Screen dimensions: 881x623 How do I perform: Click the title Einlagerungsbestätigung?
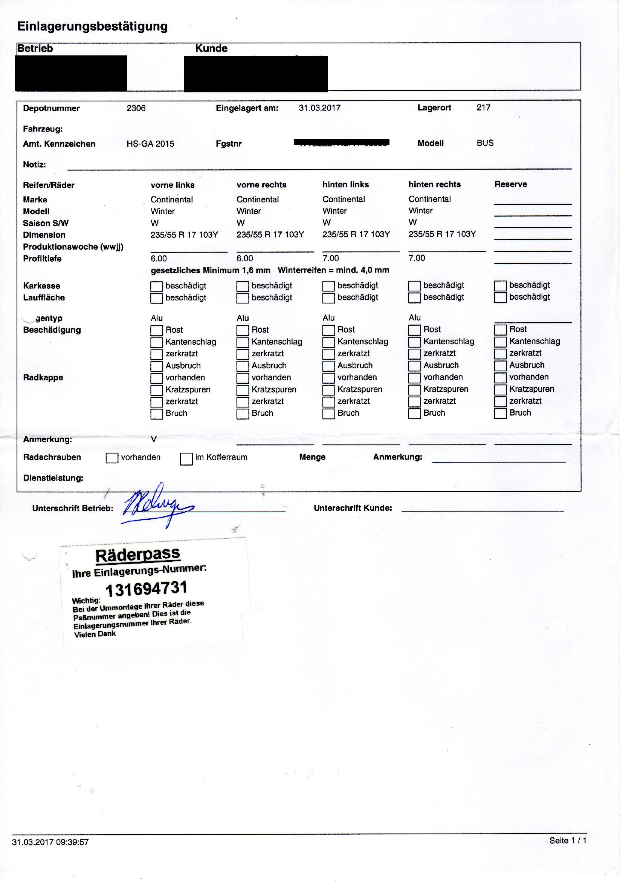[x=92, y=26]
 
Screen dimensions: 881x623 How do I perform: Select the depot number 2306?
[x=136, y=108]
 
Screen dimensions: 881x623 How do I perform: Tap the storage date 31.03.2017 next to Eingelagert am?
[x=319, y=108]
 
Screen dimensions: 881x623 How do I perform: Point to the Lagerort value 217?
[x=483, y=107]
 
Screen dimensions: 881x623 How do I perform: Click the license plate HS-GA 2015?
[x=150, y=144]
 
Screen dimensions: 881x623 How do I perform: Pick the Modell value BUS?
[x=485, y=143]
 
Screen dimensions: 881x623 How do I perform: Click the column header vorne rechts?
[x=261, y=185]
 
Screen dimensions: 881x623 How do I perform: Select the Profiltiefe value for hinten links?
[x=331, y=258]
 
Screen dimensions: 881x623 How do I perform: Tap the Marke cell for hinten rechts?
[x=429, y=199]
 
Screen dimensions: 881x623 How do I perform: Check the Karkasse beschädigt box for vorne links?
[x=156, y=287]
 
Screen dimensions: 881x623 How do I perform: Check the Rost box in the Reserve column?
[x=500, y=330]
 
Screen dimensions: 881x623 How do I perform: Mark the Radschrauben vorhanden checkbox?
[x=111, y=458]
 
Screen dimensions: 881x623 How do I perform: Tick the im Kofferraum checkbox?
[x=186, y=459]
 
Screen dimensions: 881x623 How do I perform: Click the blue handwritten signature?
[x=157, y=504]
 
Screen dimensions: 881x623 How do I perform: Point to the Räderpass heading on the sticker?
[x=138, y=554]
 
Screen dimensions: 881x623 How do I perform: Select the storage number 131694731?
[x=146, y=589]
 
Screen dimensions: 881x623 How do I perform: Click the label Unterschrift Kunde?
[x=353, y=508]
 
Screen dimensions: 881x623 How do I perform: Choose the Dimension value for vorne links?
[x=184, y=235]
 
